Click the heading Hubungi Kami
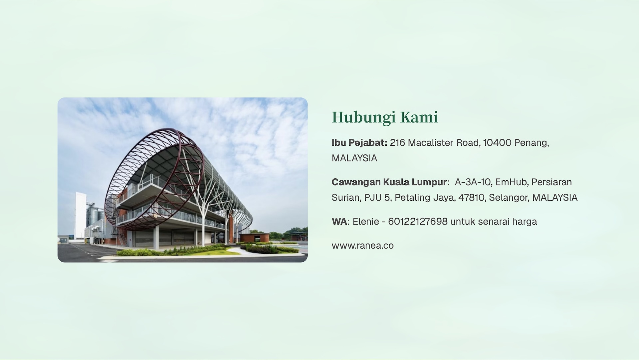coord(385,117)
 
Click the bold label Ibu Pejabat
coord(359,143)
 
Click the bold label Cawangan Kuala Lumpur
coord(389,182)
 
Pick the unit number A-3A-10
coord(473,182)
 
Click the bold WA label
coord(339,222)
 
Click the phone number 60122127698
coord(418,222)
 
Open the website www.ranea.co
coord(363,246)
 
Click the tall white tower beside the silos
coord(81,215)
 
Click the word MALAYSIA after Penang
coord(354,158)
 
